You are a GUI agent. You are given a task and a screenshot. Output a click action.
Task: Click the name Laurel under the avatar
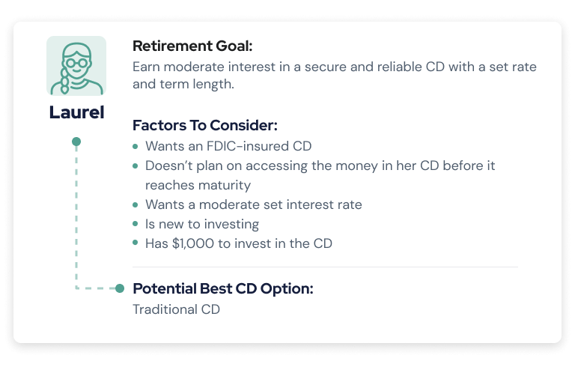(x=76, y=112)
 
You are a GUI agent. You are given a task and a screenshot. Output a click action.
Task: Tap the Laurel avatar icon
(x=76, y=66)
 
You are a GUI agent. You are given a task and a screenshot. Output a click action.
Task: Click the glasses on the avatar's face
(x=76, y=63)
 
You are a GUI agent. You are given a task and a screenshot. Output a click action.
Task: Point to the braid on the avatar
(x=65, y=82)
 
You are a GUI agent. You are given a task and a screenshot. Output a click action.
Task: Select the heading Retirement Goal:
(x=192, y=46)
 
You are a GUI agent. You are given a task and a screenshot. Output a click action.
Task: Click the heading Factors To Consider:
(x=205, y=125)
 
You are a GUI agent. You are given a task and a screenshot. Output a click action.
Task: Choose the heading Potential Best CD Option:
(x=223, y=288)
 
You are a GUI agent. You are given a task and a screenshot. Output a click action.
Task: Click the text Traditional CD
(x=176, y=309)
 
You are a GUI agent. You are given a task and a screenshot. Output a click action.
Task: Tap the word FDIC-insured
(x=248, y=146)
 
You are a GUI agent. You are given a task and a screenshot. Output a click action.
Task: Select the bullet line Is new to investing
(x=202, y=224)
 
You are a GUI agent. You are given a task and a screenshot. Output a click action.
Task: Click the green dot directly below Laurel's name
(x=76, y=142)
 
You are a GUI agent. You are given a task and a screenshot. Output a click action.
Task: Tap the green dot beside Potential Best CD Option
(x=120, y=288)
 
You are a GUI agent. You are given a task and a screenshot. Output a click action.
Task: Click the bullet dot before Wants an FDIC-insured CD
(x=136, y=146)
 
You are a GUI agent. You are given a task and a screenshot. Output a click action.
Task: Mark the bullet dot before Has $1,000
(x=136, y=243)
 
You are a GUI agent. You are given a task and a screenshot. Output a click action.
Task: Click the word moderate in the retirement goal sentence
(x=194, y=67)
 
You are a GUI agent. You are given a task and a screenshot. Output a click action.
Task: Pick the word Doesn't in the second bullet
(x=168, y=166)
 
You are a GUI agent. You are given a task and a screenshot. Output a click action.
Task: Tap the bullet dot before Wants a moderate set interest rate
(x=136, y=204)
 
